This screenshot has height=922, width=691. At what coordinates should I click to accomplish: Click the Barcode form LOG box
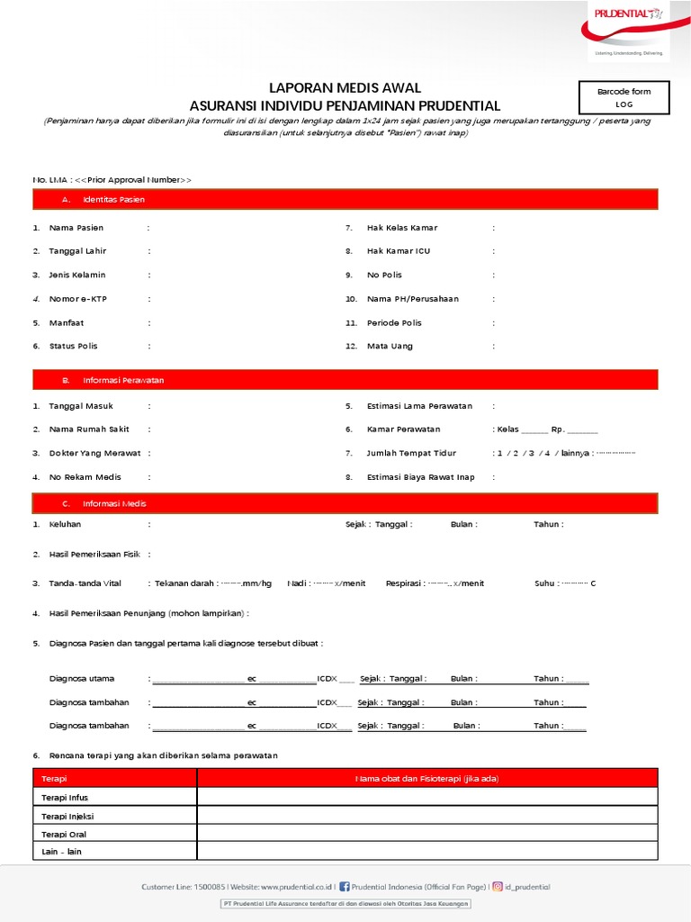point(624,97)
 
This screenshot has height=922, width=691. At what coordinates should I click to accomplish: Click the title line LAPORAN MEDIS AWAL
point(345,88)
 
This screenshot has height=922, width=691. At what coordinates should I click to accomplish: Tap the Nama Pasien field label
point(76,228)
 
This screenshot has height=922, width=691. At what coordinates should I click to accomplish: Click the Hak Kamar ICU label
point(398,251)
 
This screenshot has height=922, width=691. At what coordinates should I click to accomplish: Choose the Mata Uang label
point(390,346)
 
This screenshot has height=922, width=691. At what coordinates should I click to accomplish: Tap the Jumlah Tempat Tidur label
point(411,454)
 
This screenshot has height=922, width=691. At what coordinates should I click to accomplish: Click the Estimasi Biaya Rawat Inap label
point(420,477)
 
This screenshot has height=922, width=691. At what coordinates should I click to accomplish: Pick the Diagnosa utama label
point(82,679)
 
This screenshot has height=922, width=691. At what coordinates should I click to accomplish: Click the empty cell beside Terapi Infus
point(427,797)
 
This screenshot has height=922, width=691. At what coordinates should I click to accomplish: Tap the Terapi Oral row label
point(64,834)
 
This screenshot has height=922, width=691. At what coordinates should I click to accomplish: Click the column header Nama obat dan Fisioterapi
point(427,778)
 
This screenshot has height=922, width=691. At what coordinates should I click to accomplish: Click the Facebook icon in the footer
point(345,887)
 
